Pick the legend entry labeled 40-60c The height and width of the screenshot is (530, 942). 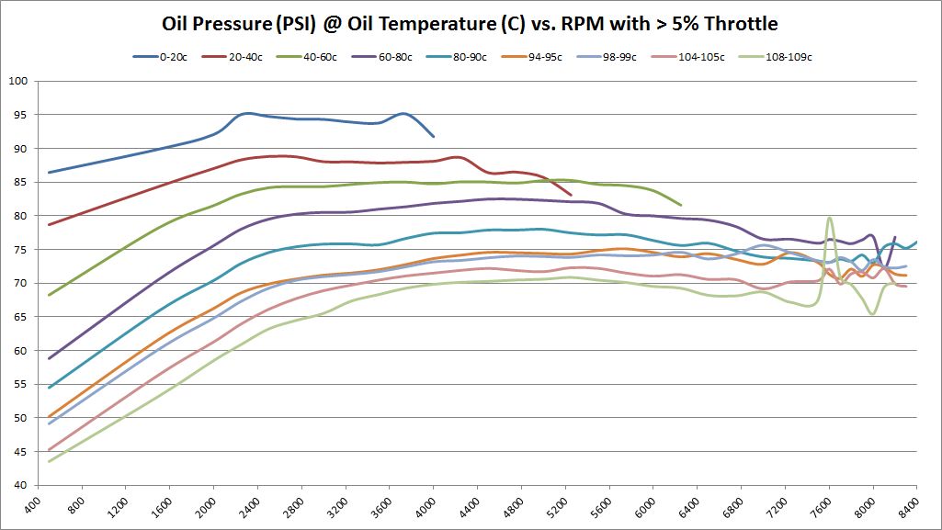[322, 57]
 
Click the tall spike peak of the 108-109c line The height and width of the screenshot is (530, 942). [830, 218]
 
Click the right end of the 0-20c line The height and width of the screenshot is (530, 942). [434, 136]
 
